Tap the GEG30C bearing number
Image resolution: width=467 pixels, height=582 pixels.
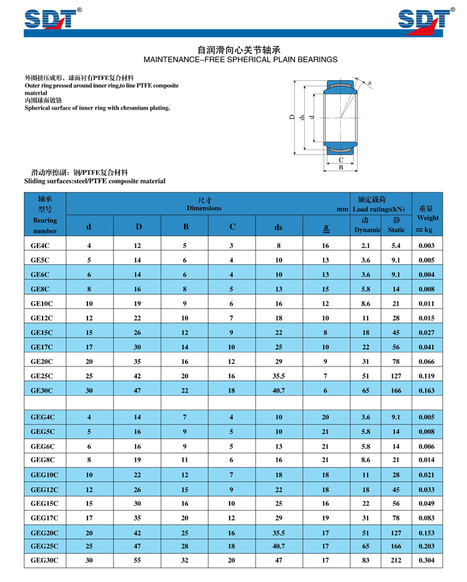coord(45,560)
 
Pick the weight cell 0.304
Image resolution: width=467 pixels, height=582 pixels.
coord(426,560)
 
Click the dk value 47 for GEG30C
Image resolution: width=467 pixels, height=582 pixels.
coord(279,560)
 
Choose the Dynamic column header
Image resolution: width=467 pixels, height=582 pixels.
coord(366,230)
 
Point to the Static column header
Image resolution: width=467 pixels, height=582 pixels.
coord(396,230)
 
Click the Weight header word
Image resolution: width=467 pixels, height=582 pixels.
coord(428,218)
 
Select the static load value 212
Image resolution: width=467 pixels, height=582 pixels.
coord(396,560)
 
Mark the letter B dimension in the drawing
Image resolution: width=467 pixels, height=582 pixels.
coord(341,168)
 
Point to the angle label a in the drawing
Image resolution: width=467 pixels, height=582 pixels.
coord(369,83)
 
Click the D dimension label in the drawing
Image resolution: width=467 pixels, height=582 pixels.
coord(292,117)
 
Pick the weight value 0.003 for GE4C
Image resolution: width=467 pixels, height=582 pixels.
coord(426,246)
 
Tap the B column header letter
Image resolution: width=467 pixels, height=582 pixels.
coord(185,226)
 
